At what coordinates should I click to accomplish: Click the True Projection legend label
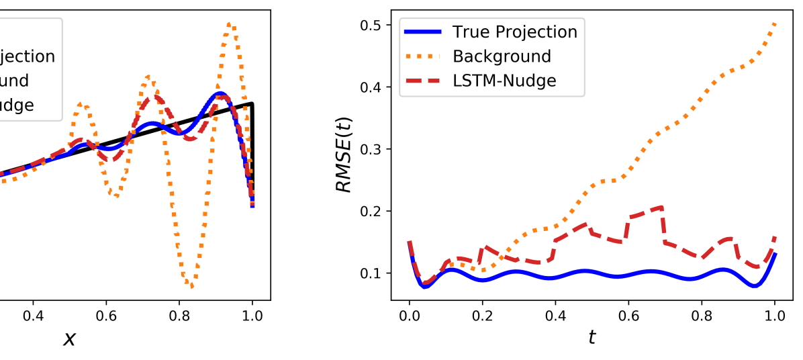pyautogui.click(x=514, y=32)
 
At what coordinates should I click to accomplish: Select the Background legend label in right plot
pyautogui.click(x=502, y=56)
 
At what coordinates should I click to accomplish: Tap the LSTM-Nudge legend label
pyautogui.click(x=504, y=81)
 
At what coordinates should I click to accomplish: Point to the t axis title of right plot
pyautogui.click(x=592, y=336)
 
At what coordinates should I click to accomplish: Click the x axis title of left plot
pyautogui.click(x=69, y=338)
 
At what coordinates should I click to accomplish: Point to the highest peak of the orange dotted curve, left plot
pyautogui.click(x=230, y=24)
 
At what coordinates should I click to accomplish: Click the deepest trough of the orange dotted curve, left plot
pyautogui.click(x=192, y=287)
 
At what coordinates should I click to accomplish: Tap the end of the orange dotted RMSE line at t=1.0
pyautogui.click(x=775, y=24)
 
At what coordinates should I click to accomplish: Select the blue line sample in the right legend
pyautogui.click(x=423, y=32)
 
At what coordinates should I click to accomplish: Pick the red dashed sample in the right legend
pyautogui.click(x=423, y=81)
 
